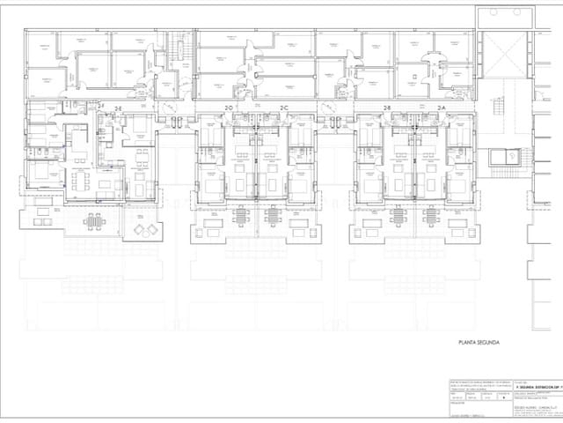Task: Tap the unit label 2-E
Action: click(117, 107)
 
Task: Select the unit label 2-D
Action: click(229, 108)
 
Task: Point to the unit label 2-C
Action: click(284, 108)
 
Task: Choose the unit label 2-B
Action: click(386, 108)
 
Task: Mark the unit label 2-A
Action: click(442, 108)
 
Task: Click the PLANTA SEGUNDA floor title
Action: click(479, 341)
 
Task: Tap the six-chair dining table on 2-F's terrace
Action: click(94, 221)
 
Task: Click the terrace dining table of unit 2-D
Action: click(210, 234)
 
